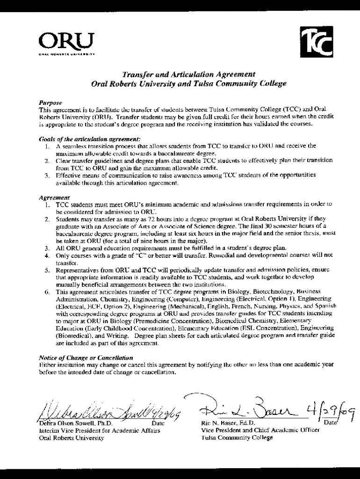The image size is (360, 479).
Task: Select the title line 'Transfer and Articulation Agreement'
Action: (x=188, y=74)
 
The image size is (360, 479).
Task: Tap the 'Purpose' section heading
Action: (x=50, y=102)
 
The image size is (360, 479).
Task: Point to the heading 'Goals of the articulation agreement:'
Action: (x=89, y=139)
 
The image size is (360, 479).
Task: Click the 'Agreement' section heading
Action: (x=54, y=197)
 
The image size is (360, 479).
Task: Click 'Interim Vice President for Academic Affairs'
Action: (x=100, y=431)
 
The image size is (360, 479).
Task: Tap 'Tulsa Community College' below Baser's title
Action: (x=237, y=438)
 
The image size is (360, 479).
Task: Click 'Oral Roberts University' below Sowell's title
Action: (x=72, y=438)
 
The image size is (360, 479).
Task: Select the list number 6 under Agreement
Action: (x=47, y=291)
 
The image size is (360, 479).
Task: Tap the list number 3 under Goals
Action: (x=47, y=175)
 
